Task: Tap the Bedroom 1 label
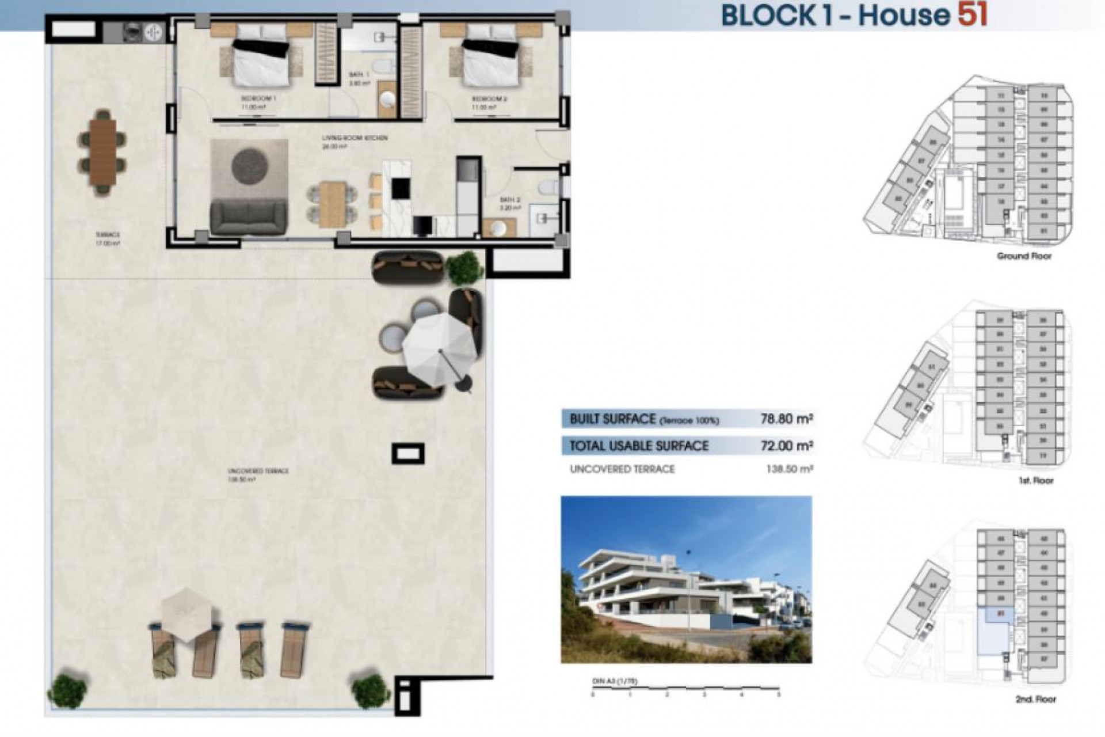coord(258,99)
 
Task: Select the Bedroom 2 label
coord(489,99)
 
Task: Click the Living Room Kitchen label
coord(354,138)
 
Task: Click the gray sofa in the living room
coord(249,216)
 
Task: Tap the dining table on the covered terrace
coord(102,152)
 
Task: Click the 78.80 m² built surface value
coord(786,419)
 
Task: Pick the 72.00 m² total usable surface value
coord(786,446)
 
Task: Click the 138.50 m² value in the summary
coord(789,469)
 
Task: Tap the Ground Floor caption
coord(1024,256)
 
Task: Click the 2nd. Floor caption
coord(1035,699)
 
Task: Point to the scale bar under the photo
coord(685,688)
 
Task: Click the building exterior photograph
coord(686,579)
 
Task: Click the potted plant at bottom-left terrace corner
coord(67,689)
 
